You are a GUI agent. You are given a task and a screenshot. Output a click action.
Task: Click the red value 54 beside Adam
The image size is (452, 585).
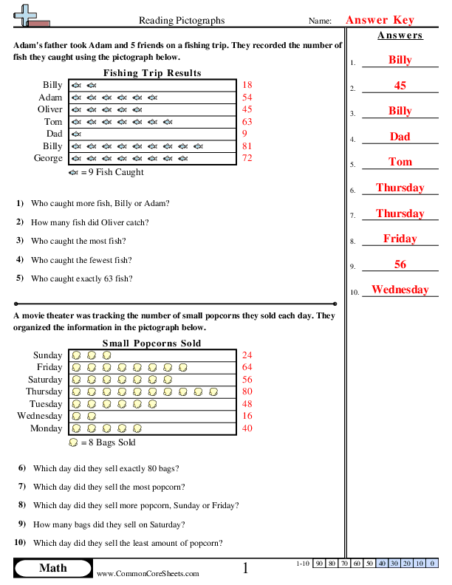247,97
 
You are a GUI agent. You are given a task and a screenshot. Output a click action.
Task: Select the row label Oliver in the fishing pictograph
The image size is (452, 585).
50,109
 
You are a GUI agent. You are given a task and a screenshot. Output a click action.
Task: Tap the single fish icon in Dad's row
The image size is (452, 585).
76,134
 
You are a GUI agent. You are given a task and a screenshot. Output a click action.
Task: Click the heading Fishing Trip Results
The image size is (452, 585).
152,73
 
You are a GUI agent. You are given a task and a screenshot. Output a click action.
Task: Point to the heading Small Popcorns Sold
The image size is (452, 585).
151,343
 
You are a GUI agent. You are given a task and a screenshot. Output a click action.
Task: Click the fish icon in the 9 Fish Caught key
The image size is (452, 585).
72,172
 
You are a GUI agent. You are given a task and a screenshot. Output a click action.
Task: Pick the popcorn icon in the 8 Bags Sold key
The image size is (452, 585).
72,442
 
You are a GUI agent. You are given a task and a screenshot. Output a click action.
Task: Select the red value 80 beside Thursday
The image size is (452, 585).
247,391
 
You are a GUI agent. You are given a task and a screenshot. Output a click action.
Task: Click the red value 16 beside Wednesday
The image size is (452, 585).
247,416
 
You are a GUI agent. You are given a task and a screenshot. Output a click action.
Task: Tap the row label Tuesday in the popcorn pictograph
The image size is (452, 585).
46,404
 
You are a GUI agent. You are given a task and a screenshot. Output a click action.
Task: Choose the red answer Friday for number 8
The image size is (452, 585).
400,239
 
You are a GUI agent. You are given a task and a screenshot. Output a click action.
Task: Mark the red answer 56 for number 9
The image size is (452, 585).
400,264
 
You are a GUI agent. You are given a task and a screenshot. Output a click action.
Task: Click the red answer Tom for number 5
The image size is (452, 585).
400,162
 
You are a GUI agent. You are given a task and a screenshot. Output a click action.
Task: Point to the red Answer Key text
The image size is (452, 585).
380,20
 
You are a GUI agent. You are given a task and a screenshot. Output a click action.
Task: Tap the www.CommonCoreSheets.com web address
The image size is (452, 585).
148,573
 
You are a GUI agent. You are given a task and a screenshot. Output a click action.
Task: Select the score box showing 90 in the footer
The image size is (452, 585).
320,564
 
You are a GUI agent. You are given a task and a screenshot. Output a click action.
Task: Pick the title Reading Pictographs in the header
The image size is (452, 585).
182,21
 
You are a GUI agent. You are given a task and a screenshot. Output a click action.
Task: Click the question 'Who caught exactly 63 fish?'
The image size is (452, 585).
81,278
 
